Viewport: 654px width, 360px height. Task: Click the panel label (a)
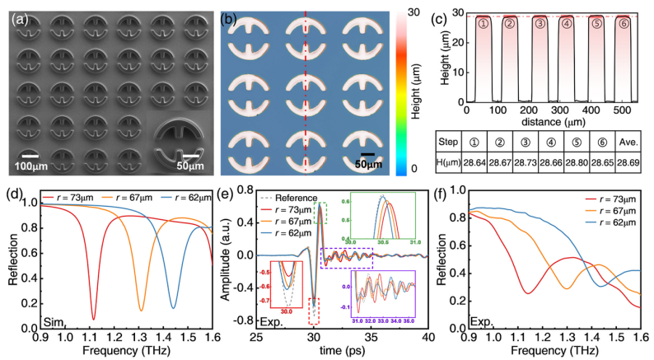click(19, 14)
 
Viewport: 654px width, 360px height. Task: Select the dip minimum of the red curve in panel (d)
click(93, 320)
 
